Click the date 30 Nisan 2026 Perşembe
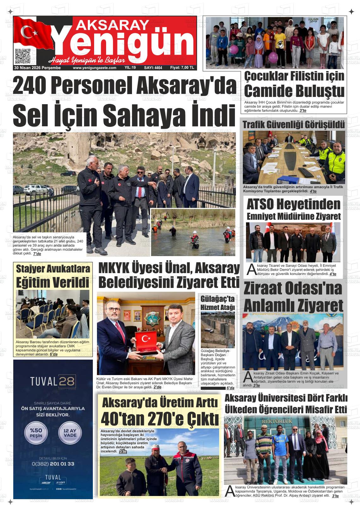coord(37,68)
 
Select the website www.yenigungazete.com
coord(94,68)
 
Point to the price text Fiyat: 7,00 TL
coord(182,68)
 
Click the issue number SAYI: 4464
coord(153,68)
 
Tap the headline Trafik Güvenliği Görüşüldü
coord(293,125)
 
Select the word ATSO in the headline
coord(260,204)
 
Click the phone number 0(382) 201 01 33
coord(53,464)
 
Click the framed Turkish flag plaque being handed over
coord(146,342)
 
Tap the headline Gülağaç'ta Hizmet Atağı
coord(218,303)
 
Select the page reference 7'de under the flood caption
coord(37,254)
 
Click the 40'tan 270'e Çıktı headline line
coord(160,419)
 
